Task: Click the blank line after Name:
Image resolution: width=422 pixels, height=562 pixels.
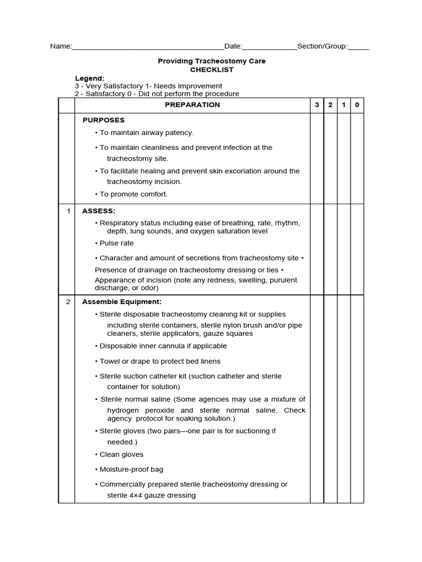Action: pos(148,47)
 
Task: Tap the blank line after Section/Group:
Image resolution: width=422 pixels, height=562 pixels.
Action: pos(358,47)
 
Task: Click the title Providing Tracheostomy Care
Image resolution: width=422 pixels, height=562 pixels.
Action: pos(212,61)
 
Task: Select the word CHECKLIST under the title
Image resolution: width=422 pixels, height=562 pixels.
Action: pos(212,70)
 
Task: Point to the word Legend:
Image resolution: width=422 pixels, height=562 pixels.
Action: pos(90,78)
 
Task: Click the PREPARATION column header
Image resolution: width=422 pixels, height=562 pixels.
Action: pos(192,105)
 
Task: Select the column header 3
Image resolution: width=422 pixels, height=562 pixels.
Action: pos(316,105)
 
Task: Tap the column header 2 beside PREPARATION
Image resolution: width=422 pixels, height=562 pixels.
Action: pos(330,105)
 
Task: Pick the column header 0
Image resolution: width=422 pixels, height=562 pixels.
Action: pos(357,105)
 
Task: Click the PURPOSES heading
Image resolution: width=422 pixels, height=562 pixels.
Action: pos(103,120)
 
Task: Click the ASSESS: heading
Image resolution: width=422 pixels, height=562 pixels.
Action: pos(99,211)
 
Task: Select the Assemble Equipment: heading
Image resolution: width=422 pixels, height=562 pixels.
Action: pos(121,301)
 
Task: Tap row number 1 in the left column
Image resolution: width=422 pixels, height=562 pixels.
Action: pos(68,211)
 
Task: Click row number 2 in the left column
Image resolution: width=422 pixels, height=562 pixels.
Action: pos(68,301)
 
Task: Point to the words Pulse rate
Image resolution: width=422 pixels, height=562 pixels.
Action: pos(116,243)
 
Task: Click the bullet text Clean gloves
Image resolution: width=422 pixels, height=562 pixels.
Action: pos(121,454)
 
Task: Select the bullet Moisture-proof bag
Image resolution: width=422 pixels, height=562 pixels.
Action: pos(131,469)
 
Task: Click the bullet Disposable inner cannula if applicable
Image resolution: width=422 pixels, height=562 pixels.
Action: pos(163,346)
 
